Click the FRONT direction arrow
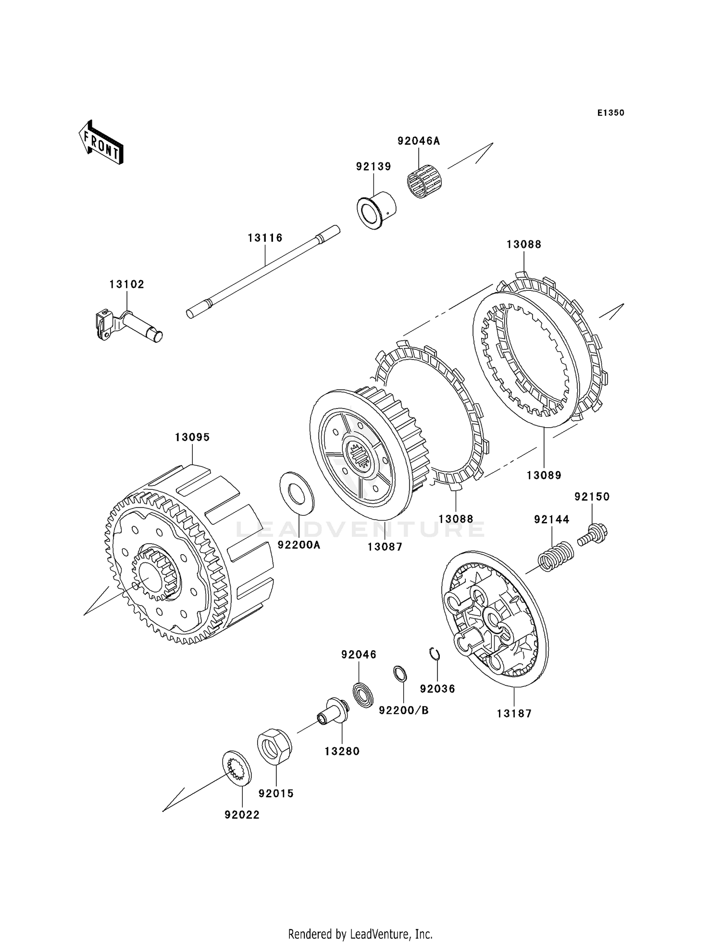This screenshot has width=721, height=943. click(101, 143)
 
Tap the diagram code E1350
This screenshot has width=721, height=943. click(610, 113)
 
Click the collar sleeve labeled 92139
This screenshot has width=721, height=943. click(376, 210)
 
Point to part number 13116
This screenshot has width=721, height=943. click(265, 237)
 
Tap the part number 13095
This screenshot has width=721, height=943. click(192, 437)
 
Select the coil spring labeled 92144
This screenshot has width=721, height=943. click(555, 556)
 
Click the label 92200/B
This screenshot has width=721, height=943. click(404, 710)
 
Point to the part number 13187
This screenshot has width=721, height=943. click(514, 713)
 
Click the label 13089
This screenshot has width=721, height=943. click(544, 475)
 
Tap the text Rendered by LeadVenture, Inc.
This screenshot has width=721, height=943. click(360, 920)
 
